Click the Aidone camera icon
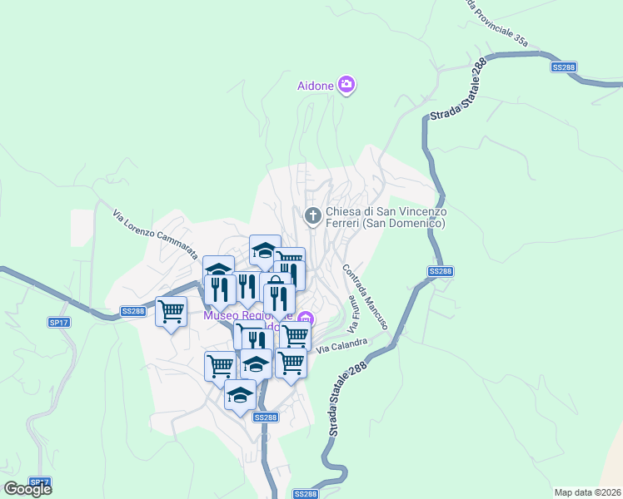[x=346, y=85]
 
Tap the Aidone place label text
[x=316, y=86]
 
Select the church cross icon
[x=313, y=217]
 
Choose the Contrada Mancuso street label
[x=364, y=297]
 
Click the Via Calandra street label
[x=341, y=344]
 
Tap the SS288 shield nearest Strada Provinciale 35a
[x=563, y=67]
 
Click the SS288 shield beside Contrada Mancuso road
[x=441, y=271]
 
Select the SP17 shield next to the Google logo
[x=39, y=482]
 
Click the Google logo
[x=27, y=489]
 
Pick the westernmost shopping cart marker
[x=172, y=312]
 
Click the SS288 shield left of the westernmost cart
[x=132, y=311]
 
